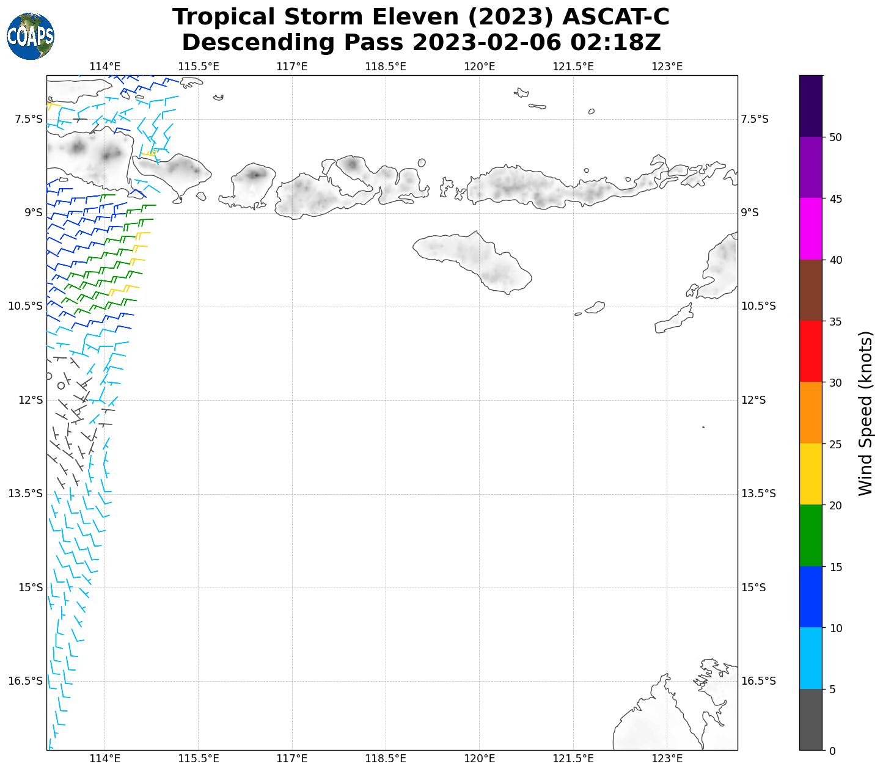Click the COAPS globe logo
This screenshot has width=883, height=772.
31,36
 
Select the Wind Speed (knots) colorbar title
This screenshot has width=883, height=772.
865,413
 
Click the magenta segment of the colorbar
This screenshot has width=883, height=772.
811,229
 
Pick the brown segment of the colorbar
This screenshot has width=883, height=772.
811,291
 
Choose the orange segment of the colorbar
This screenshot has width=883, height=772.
811,413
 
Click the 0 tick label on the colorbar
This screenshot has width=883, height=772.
832,751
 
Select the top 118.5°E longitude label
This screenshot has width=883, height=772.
386,66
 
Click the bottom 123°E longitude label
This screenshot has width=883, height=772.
667,759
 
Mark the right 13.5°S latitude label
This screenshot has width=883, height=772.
758,493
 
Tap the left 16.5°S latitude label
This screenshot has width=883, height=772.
25,681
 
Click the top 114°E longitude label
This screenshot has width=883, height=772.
104,66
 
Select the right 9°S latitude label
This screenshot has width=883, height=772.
750,213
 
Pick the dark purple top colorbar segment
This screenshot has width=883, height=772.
811,106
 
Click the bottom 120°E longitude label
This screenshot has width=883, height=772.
480,759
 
